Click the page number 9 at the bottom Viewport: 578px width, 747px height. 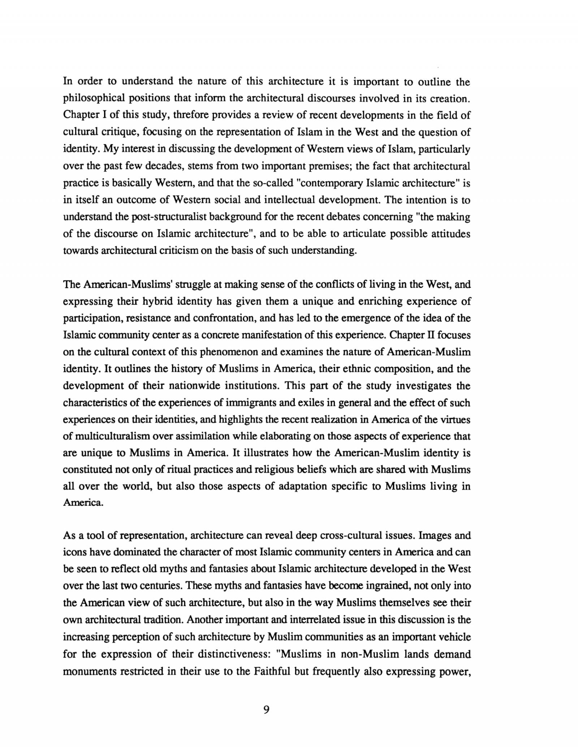pyautogui.click(x=266, y=710)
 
